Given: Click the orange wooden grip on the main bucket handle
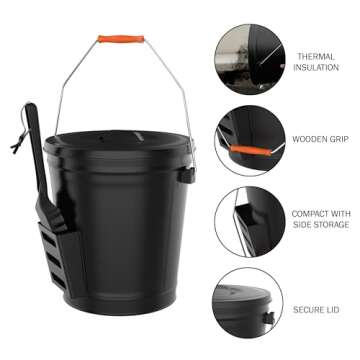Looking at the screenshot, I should [x=121, y=39].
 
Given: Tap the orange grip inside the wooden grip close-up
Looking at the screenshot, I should [x=246, y=149].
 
